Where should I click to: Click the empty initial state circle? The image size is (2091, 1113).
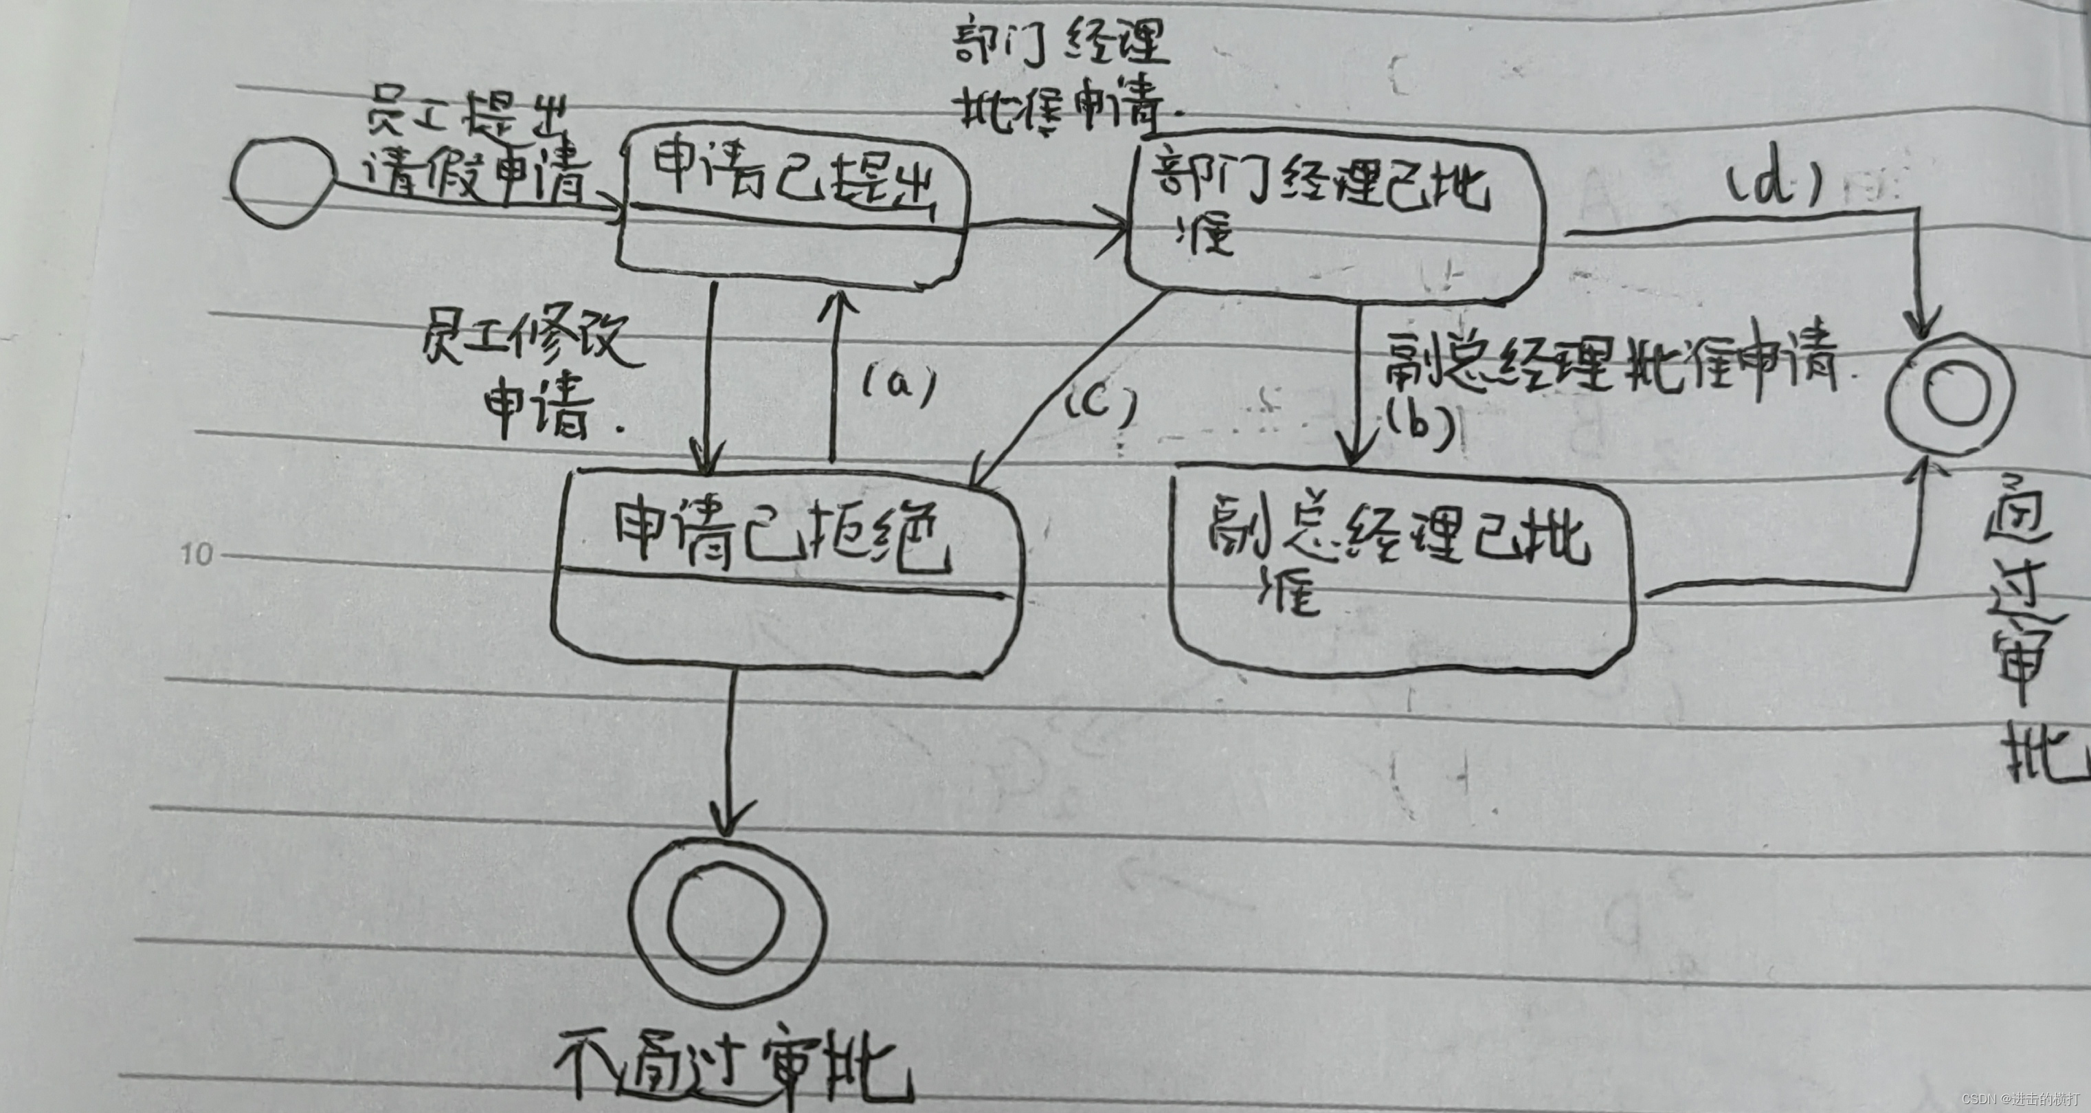281,182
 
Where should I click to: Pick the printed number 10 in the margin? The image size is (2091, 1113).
196,555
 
